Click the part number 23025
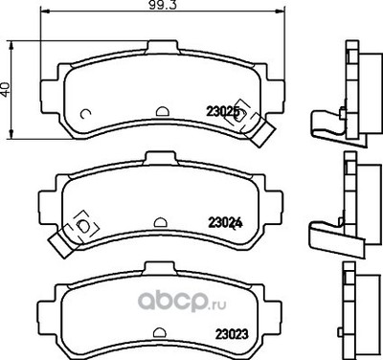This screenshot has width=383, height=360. pyautogui.click(x=222, y=112)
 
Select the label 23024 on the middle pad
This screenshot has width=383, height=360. pyautogui.click(x=222, y=226)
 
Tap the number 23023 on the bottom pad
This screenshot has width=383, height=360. pyautogui.click(x=222, y=332)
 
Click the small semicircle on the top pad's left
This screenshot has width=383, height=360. pyautogui.click(x=87, y=116)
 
